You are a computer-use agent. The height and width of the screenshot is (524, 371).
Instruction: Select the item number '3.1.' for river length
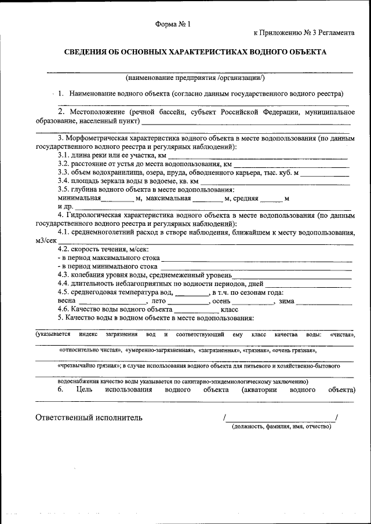point(66,156)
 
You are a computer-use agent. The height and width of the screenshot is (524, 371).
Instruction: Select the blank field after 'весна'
point(111,302)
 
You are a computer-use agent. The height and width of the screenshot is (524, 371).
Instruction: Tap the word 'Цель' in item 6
point(84,390)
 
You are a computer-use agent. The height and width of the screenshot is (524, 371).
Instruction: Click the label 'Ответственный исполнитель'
point(89,417)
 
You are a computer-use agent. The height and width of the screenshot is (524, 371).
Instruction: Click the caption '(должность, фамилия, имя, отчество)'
point(281,427)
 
